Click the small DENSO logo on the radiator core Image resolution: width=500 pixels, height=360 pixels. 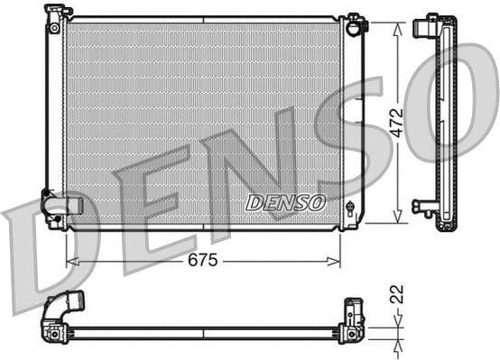(285, 202)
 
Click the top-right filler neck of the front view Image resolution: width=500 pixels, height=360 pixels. (355, 22)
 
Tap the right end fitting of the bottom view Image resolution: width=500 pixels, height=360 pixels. (352, 321)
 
